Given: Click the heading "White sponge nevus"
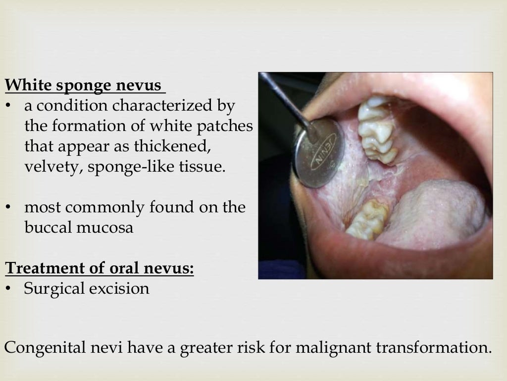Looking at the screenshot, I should pyautogui.click(x=84, y=86).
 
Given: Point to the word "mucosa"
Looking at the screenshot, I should pyautogui.click(x=109, y=228).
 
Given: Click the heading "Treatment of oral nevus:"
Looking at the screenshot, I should pyautogui.click(x=100, y=268).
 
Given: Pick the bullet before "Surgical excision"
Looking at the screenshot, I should pyautogui.click(x=8, y=289).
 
